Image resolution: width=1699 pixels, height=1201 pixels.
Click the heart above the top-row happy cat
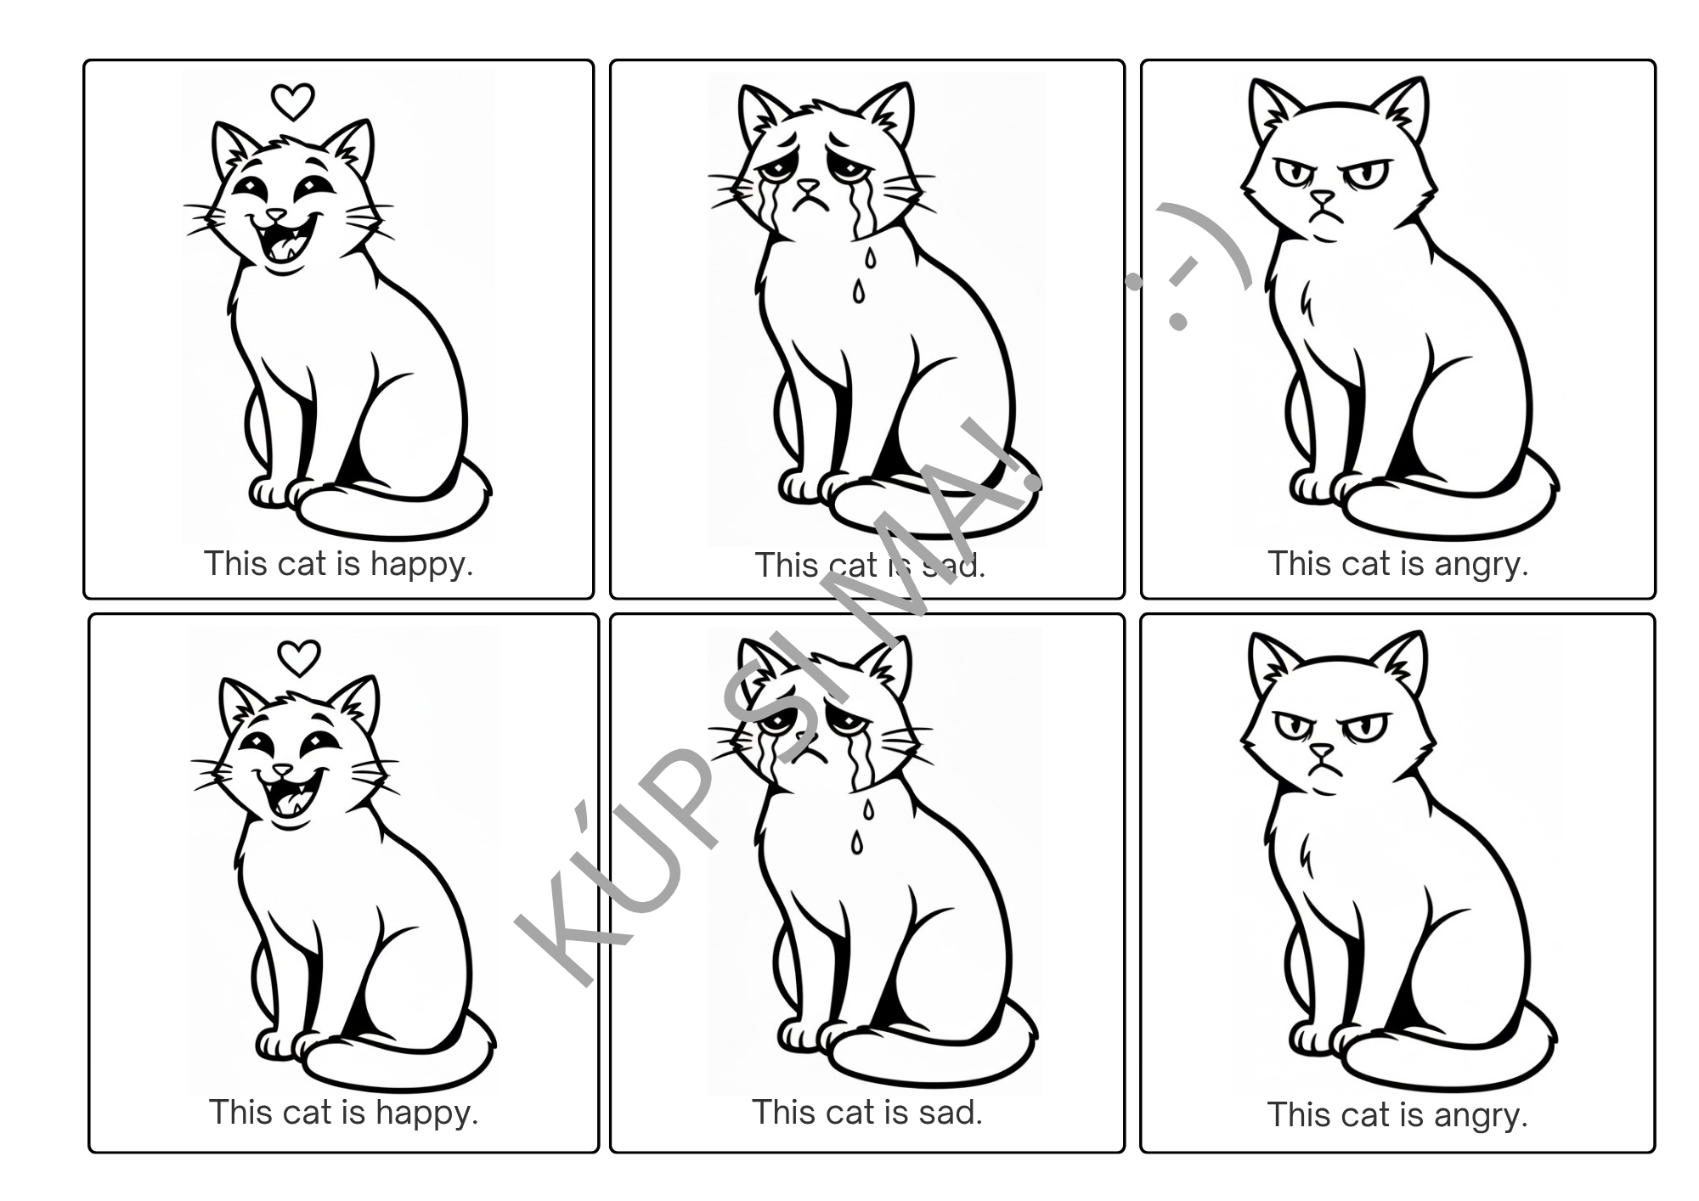tap(292, 102)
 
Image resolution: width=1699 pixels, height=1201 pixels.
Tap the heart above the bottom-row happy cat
tap(299, 657)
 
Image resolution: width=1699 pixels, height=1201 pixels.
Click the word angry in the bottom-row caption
tap(1481, 1116)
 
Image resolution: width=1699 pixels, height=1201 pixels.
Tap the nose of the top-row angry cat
tap(1322, 200)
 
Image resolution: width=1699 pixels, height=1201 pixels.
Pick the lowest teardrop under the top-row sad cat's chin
tap(859, 293)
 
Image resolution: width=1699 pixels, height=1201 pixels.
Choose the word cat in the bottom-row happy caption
tap(301, 1112)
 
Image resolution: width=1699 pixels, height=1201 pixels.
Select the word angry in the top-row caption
tap(1482, 565)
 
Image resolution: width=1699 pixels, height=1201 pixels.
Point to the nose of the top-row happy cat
tap(276, 214)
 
